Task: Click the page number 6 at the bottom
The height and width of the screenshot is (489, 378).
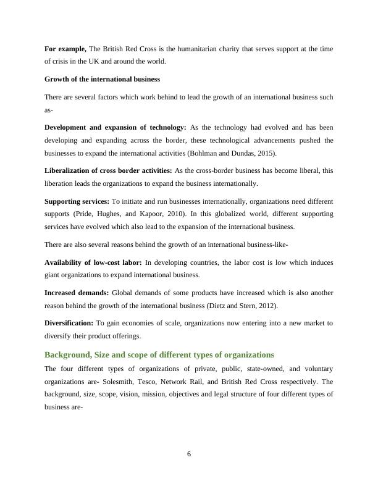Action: pyautogui.click(x=189, y=454)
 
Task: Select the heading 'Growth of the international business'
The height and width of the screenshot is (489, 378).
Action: pyautogui.click(x=103, y=79)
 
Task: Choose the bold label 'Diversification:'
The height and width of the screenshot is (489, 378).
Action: pyautogui.click(x=69, y=323)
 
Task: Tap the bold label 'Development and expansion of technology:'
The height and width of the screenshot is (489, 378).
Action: pyautogui.click(x=115, y=127)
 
